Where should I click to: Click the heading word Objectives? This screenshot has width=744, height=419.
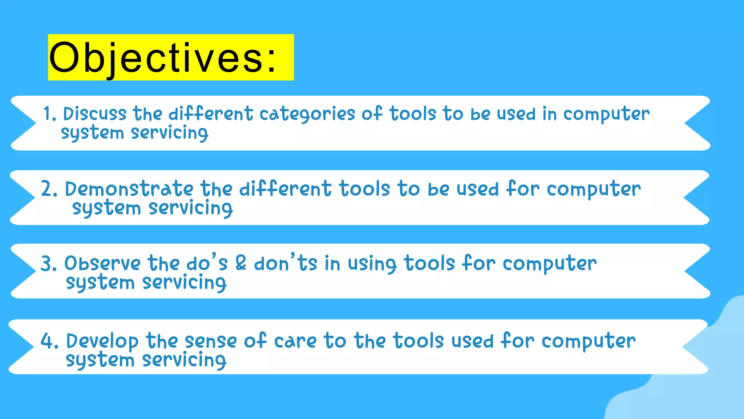[x=156, y=57]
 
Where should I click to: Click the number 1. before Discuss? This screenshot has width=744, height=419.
[x=50, y=114]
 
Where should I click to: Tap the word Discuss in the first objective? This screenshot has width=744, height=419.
[x=95, y=114]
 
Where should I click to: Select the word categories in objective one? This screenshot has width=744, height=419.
[x=307, y=114]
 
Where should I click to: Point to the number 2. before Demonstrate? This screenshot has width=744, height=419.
[x=49, y=189]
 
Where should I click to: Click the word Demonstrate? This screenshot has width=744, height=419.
[x=129, y=189]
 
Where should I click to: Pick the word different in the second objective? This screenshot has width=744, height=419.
[x=285, y=189]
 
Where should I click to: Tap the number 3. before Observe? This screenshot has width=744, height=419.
[x=49, y=264]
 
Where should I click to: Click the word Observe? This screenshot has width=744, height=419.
[x=102, y=263]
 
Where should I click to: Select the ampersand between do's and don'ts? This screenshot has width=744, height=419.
[x=241, y=263]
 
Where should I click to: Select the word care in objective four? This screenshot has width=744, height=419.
[x=295, y=342]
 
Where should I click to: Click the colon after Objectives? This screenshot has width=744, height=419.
[x=272, y=58]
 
